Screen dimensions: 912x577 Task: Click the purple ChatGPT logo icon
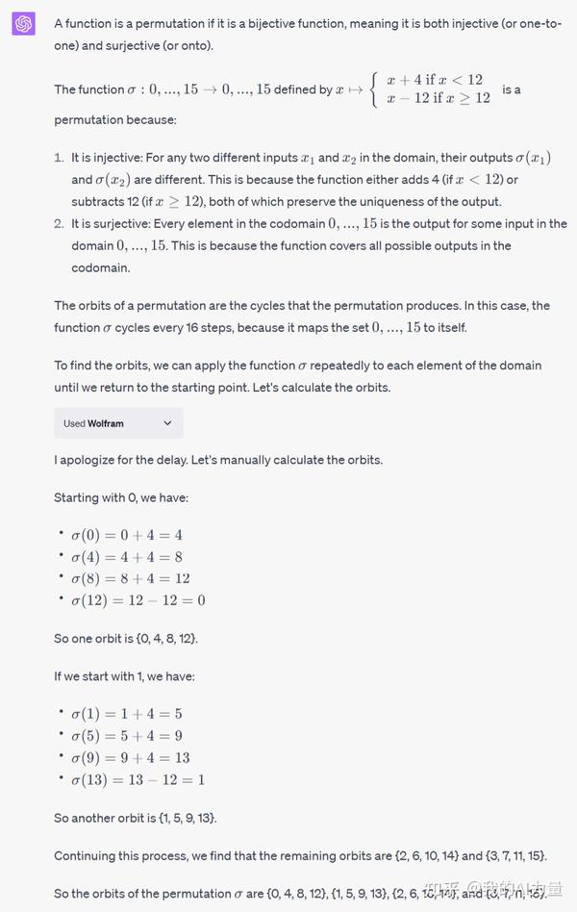[x=24, y=24]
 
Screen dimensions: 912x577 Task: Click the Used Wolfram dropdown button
[x=118, y=423]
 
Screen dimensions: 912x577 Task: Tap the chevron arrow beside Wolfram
[x=167, y=423]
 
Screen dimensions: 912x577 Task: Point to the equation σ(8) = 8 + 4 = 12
[x=131, y=578]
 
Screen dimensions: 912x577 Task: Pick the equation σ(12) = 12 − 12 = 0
[x=138, y=600]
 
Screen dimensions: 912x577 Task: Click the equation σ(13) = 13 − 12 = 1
[x=138, y=779]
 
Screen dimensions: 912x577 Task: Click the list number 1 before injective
[x=60, y=157]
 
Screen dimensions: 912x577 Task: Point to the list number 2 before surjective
[x=60, y=224]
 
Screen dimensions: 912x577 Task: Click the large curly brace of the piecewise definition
[x=374, y=89]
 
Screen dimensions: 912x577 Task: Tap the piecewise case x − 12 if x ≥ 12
[x=438, y=98]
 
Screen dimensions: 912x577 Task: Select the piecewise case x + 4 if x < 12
[x=434, y=80]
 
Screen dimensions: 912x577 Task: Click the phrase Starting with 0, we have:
[x=121, y=497]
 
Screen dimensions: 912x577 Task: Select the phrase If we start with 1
[x=108, y=676]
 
